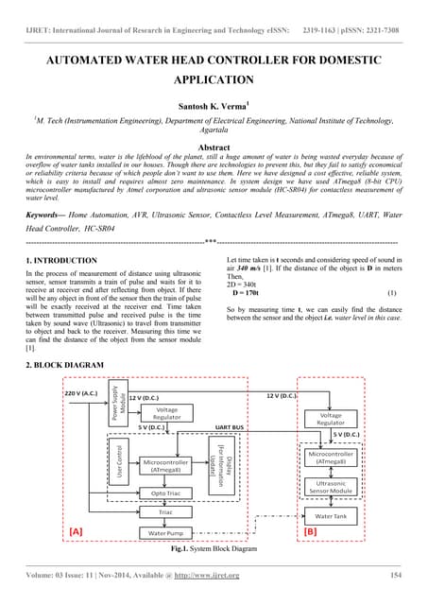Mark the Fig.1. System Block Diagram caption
213,548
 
